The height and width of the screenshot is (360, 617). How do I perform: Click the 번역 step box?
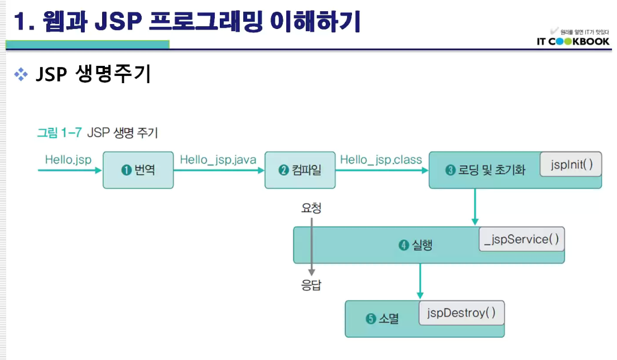pyautogui.click(x=138, y=170)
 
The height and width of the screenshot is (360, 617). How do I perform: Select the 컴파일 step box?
pyautogui.click(x=300, y=170)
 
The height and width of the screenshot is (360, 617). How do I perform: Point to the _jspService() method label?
pyautogui.click(x=522, y=239)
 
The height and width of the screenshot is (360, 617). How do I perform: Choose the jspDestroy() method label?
pyautogui.click(x=461, y=313)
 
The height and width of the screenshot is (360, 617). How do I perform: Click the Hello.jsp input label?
pyautogui.click(x=68, y=160)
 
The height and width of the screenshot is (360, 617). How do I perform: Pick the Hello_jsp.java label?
pyautogui.click(x=218, y=160)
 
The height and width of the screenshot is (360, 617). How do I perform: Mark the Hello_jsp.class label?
pyautogui.click(x=381, y=160)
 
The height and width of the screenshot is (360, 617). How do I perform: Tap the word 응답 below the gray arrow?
pyautogui.click(x=311, y=286)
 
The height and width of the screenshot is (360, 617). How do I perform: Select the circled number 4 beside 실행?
pyautogui.click(x=404, y=245)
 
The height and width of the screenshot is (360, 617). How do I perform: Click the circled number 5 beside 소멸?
pyautogui.click(x=371, y=319)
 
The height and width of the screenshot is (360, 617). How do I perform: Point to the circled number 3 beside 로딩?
pyautogui.click(x=451, y=170)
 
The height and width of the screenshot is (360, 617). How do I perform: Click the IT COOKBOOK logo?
pyautogui.click(x=573, y=41)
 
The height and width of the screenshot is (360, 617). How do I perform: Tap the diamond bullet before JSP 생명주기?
pyautogui.click(x=21, y=74)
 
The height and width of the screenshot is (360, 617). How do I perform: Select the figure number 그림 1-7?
pyautogui.click(x=59, y=133)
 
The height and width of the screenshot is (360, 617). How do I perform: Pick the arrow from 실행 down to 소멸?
pyautogui.click(x=420, y=281)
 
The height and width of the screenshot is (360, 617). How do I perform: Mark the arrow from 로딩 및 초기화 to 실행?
pyautogui.click(x=475, y=207)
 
